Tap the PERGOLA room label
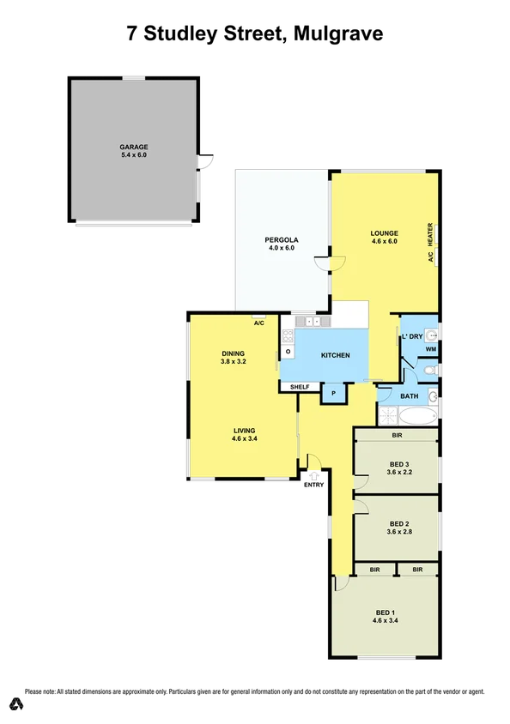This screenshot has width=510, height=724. coord(281,241)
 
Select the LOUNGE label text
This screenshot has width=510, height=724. coord(384,233)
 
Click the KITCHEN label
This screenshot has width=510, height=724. coord(335,355)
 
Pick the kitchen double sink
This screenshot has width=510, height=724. coord(315,322)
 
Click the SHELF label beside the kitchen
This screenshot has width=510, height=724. coord(299,387)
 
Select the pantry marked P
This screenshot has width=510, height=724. coord(333,394)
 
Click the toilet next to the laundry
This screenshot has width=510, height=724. coord(431,370)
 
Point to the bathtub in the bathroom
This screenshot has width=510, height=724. coord(418,418)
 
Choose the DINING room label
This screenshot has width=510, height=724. coord(234,353)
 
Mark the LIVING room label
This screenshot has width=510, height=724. coord(244,431)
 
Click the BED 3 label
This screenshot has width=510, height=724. coord(398,464)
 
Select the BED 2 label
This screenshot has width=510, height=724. coord(398,523)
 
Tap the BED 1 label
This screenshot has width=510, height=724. coord(385,612)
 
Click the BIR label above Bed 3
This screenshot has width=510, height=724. coord(397,436)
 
